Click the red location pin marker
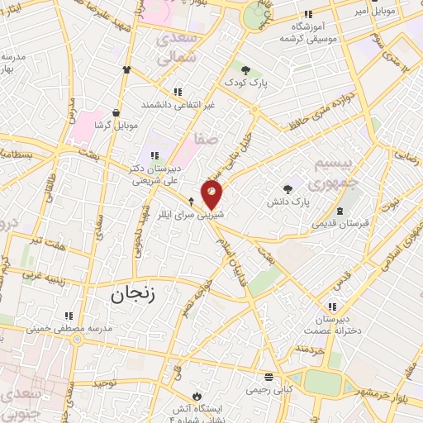pos(211,195)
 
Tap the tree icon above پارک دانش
pos(288,188)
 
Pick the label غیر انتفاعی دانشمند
pos(175,105)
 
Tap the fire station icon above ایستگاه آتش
pos(196,395)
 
